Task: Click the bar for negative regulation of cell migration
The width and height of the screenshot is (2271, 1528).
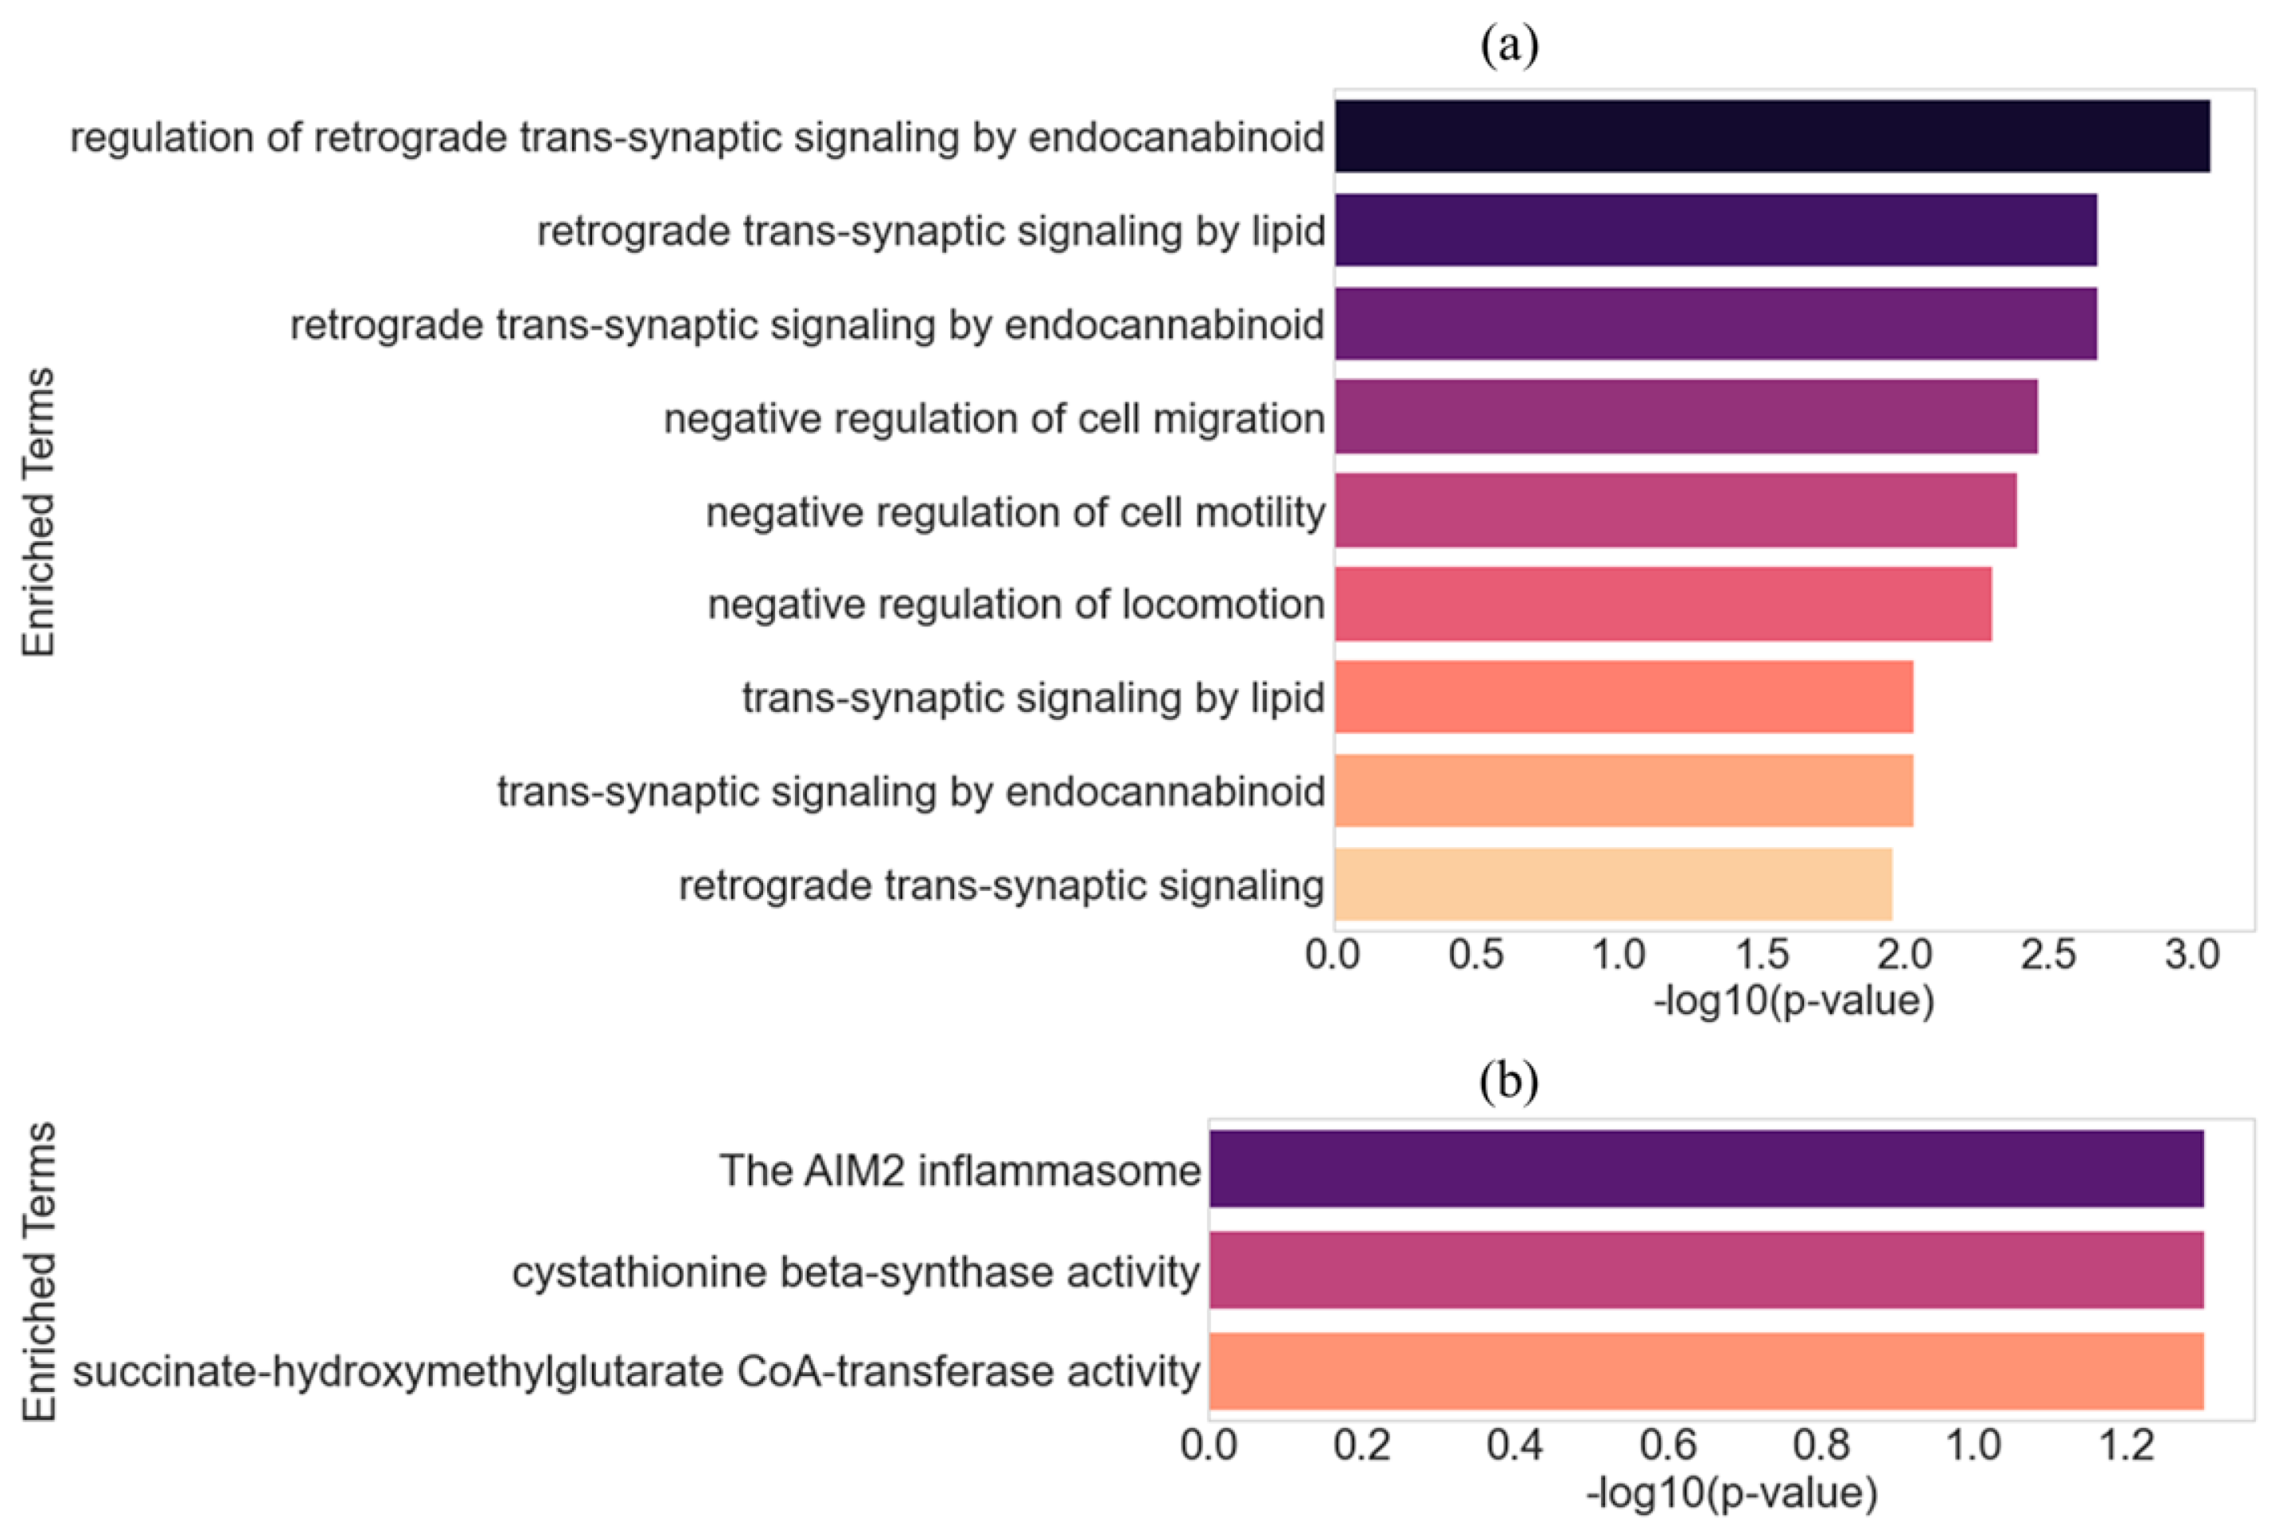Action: click(x=1685, y=416)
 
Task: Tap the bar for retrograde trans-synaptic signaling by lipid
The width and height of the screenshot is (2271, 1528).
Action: click(x=1716, y=230)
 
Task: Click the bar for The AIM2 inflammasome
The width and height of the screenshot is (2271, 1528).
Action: click(x=1706, y=1168)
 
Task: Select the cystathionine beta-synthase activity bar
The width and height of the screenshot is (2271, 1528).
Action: click(x=1706, y=1269)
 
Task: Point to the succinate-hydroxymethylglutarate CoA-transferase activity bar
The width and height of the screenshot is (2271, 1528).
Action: click(x=1706, y=1371)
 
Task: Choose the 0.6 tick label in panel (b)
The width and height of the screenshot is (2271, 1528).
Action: click(x=1668, y=1445)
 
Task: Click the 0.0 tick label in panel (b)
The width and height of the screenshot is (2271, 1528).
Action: click(x=1209, y=1445)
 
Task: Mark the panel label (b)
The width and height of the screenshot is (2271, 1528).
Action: click(x=1509, y=1081)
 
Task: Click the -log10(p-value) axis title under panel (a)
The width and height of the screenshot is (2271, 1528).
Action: click(x=1794, y=1001)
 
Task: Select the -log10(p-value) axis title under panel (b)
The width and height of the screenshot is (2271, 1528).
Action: click(x=1731, y=1493)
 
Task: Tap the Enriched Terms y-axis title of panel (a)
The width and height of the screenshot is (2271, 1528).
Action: click(x=39, y=511)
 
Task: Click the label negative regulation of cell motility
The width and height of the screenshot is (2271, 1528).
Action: click(x=1015, y=511)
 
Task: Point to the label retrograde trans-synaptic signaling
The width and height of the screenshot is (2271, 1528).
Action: click(x=1001, y=885)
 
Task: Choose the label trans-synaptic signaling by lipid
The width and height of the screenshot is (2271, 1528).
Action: click(x=1033, y=698)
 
